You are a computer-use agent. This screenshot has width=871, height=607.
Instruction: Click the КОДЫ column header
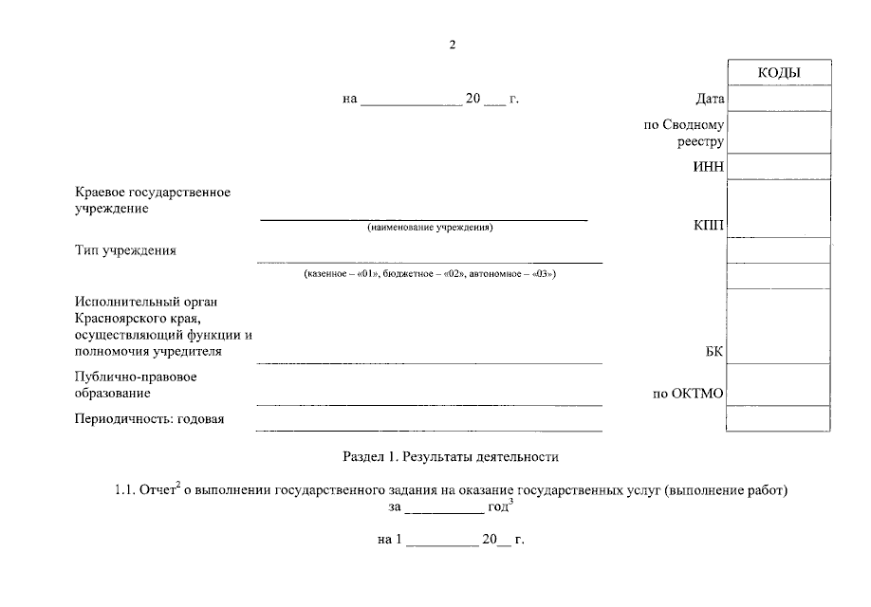pos(779,73)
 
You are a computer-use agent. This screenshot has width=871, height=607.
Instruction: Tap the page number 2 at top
pos(453,45)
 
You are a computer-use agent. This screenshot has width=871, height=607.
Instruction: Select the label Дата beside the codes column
pos(710,99)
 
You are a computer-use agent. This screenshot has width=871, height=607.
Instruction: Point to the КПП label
pos(709,225)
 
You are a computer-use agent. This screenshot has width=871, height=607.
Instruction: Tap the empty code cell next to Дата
pos(779,99)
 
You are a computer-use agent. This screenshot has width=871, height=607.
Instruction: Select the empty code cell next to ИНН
pos(779,168)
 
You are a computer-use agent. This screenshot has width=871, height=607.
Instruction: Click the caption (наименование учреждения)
pos(430,229)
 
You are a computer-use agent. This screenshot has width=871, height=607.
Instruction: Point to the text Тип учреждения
pos(125,251)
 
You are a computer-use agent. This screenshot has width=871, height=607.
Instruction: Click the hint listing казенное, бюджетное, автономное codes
pos(430,274)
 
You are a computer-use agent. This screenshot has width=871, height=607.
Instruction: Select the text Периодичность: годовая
pos(149,419)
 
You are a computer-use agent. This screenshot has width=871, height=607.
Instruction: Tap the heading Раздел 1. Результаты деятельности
pos(451,457)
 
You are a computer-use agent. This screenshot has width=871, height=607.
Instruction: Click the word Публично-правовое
pos(136,377)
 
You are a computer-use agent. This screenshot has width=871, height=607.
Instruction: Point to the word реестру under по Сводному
pos(700,142)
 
